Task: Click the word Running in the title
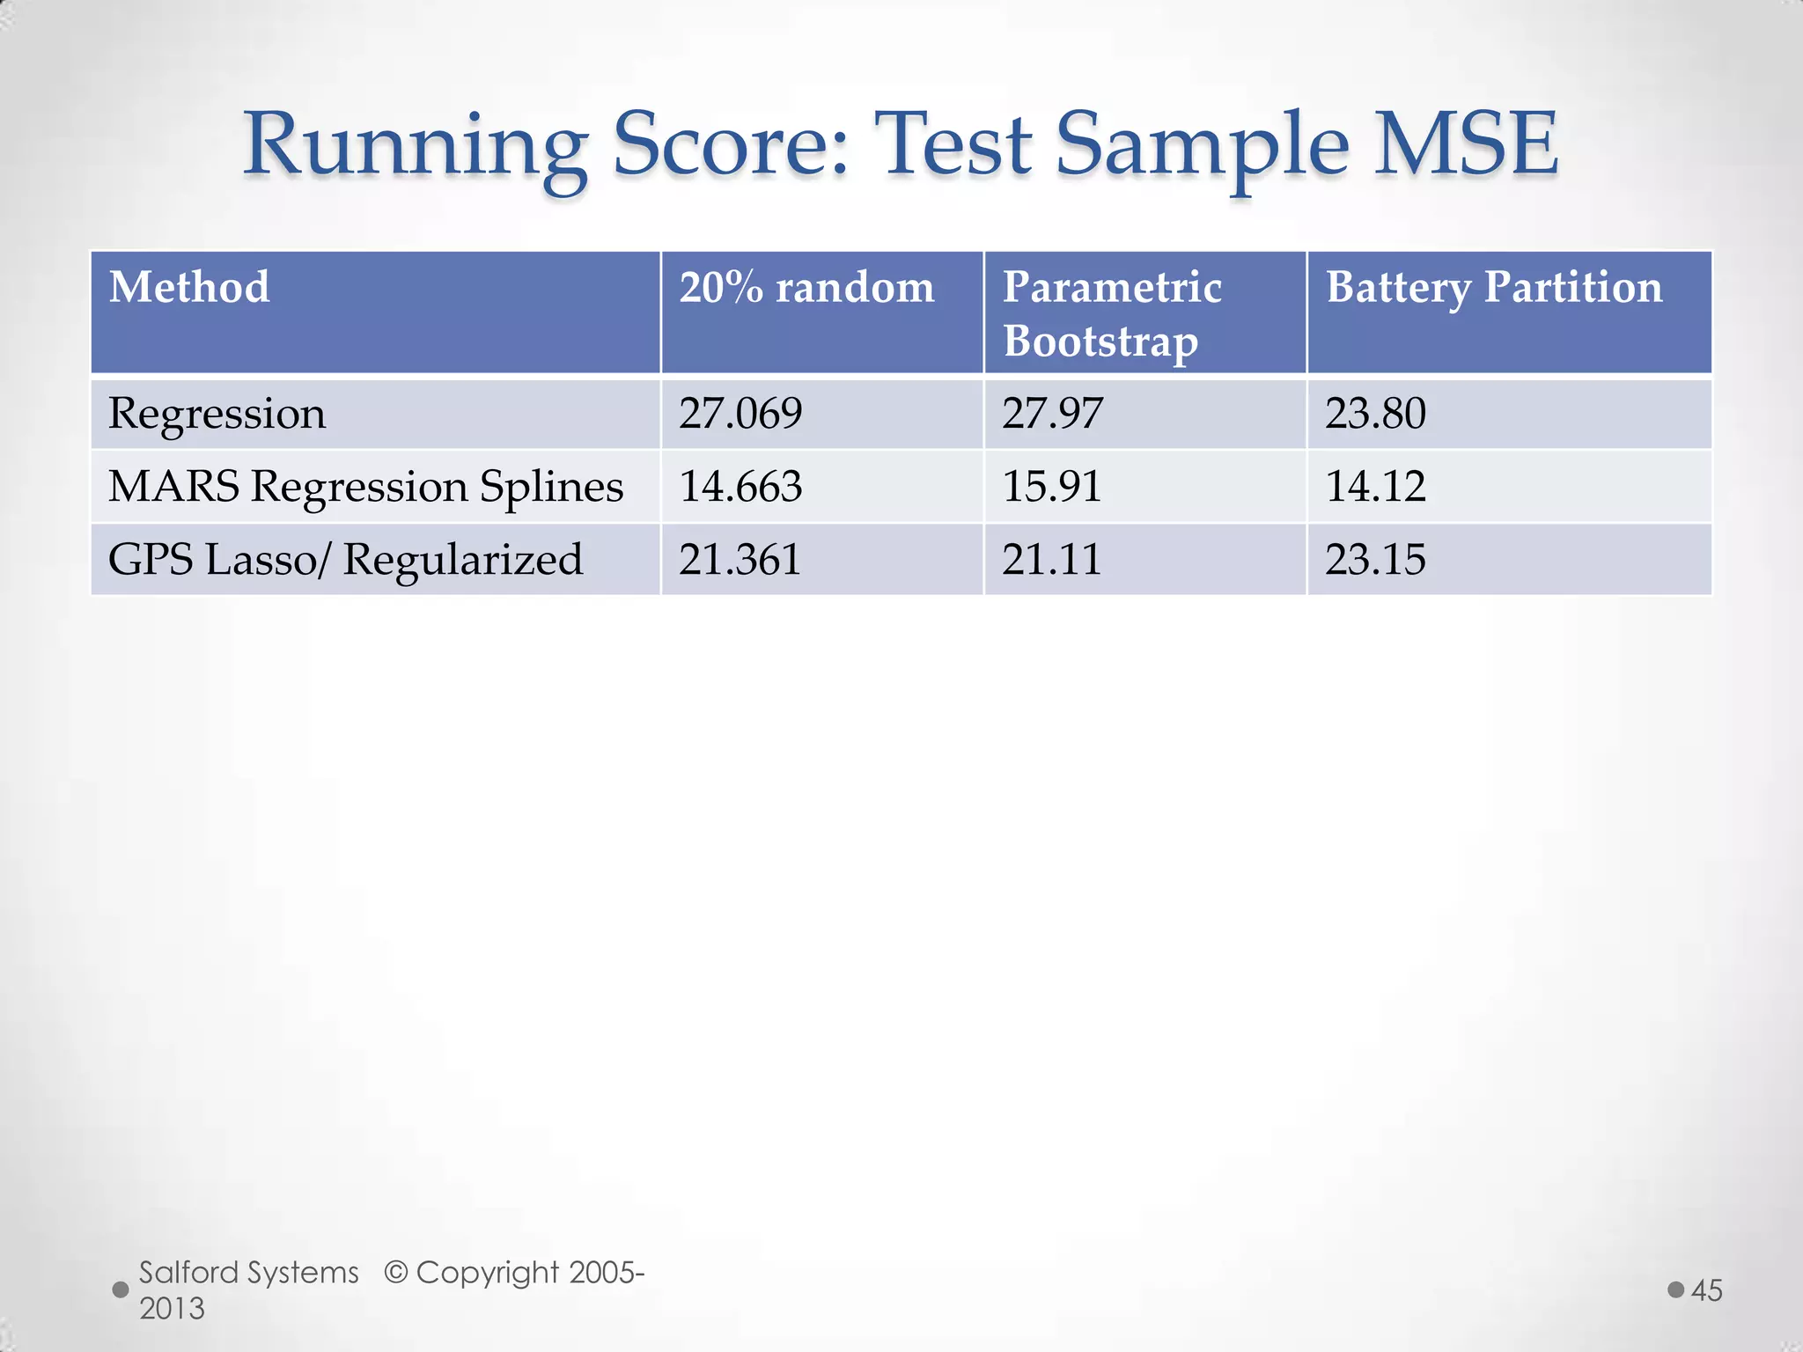click(x=415, y=145)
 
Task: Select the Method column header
click(x=189, y=288)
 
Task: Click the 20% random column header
click(x=806, y=288)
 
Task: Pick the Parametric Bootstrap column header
click(x=1111, y=313)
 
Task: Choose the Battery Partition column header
click(x=1494, y=288)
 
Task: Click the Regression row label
click(x=217, y=414)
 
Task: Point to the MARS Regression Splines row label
click(x=365, y=487)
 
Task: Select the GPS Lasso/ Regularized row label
click(x=345, y=560)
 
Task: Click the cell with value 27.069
click(x=740, y=414)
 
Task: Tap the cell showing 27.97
click(x=1052, y=414)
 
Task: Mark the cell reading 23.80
click(x=1375, y=414)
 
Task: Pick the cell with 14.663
click(x=740, y=487)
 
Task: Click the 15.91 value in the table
click(x=1052, y=487)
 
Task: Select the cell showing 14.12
click(x=1375, y=487)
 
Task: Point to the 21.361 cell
click(x=740, y=560)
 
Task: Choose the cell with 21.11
click(x=1052, y=560)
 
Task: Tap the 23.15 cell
click(x=1375, y=560)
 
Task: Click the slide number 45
click(x=1706, y=1290)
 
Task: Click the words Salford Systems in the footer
click(x=249, y=1273)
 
